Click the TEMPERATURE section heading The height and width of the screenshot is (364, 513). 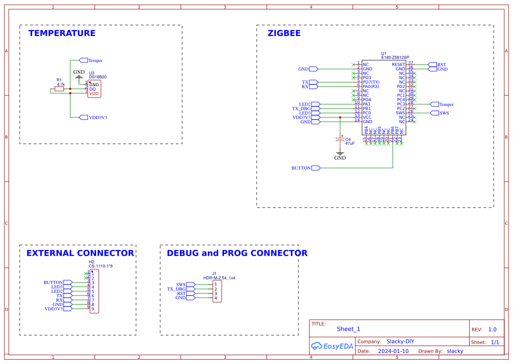coord(62,33)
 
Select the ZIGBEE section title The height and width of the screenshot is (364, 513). coord(284,33)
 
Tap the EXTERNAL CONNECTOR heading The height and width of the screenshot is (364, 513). coord(80,253)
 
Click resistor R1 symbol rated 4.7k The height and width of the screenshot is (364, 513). coord(59,89)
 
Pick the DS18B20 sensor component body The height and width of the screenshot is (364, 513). coord(94,89)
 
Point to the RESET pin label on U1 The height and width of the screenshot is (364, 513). coord(398,65)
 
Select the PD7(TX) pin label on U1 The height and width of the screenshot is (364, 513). coord(371,82)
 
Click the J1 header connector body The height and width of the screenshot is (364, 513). coord(217,291)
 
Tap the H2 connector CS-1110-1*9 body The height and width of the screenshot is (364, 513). coord(94,291)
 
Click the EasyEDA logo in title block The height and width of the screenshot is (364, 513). coord(332,346)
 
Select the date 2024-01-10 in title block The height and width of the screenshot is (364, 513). coord(393,351)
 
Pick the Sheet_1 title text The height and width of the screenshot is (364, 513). coord(348,329)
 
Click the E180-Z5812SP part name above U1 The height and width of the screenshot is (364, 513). coord(395,58)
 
